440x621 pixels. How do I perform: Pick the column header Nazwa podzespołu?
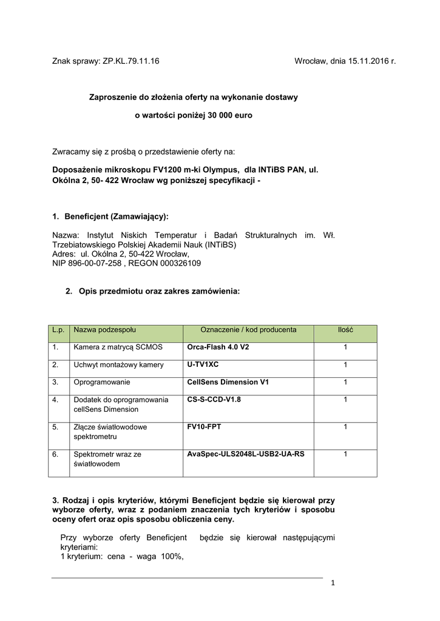pyautogui.click(x=104, y=330)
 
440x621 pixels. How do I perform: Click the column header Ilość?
pyautogui.click(x=345, y=330)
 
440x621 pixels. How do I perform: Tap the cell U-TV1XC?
pyautogui.click(x=203, y=364)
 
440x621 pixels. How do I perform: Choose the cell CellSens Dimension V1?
pyautogui.click(x=228, y=382)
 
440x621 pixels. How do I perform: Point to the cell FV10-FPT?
pyautogui.click(x=205, y=426)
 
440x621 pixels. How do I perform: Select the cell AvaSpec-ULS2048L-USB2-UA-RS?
pyautogui.click(x=246, y=453)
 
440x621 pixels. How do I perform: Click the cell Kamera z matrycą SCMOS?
pyautogui.click(x=115, y=347)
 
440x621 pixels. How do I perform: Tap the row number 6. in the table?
pyautogui.click(x=55, y=453)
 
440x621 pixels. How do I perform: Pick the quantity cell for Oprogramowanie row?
pyautogui.click(x=345, y=382)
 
